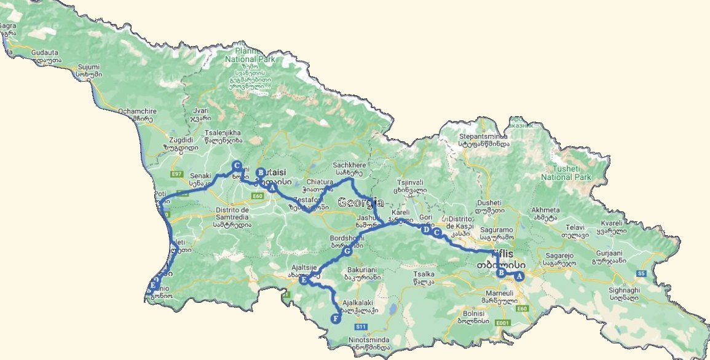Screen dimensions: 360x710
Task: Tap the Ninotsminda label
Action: coord(367,340)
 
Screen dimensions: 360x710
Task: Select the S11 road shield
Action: coord(361,326)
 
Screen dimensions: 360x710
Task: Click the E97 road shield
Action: coord(177,174)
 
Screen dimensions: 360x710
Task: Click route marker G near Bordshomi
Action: coord(347,251)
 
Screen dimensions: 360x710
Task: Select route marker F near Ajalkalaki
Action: coord(335,318)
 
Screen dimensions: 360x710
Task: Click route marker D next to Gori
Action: coord(426,229)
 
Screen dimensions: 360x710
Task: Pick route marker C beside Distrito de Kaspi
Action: coord(437,233)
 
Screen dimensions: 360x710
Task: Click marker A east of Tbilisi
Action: coord(519,276)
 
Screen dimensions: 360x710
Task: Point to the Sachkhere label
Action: coord(349,165)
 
